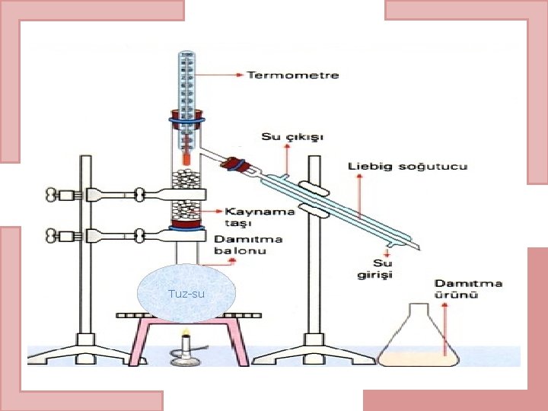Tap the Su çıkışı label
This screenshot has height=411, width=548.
293,137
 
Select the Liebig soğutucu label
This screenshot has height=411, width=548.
408,166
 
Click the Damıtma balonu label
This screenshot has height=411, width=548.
248,244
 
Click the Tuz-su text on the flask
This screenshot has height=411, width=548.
186,294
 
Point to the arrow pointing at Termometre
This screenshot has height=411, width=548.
225,75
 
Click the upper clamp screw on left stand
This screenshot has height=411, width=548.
54,196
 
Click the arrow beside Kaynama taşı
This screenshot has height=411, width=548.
215,208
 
